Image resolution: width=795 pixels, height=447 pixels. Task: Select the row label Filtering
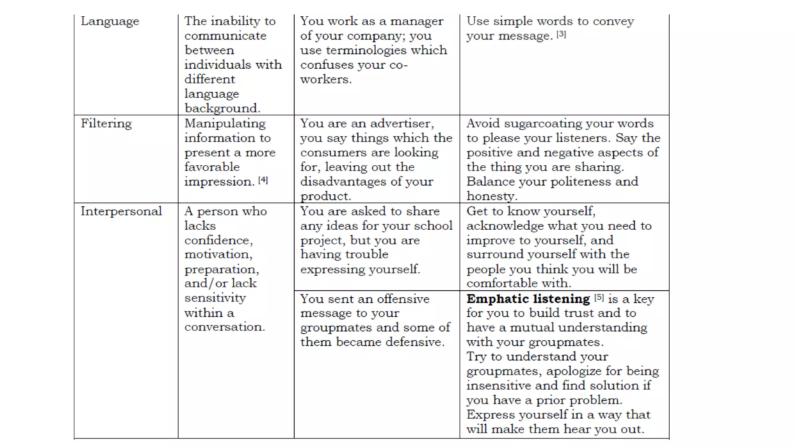tap(106, 124)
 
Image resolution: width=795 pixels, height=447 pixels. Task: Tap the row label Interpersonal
tap(121, 211)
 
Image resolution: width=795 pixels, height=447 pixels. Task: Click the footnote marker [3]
tap(561, 35)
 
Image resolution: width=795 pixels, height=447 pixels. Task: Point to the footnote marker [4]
tap(263, 180)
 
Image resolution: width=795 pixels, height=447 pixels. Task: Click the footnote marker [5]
tap(599, 298)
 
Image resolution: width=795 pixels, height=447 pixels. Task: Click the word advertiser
tap(402, 124)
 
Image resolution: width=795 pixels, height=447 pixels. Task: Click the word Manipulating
tap(225, 124)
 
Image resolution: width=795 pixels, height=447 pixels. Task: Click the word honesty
tap(491, 196)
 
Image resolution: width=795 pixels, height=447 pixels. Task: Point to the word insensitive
tap(499, 386)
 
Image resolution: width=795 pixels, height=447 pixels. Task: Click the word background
tap(222, 108)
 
